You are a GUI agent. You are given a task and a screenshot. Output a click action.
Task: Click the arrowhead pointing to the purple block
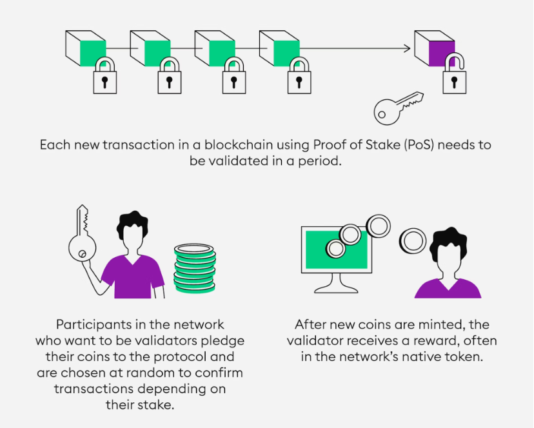tap(406, 48)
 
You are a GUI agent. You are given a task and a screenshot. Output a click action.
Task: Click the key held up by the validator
tap(81, 238)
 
